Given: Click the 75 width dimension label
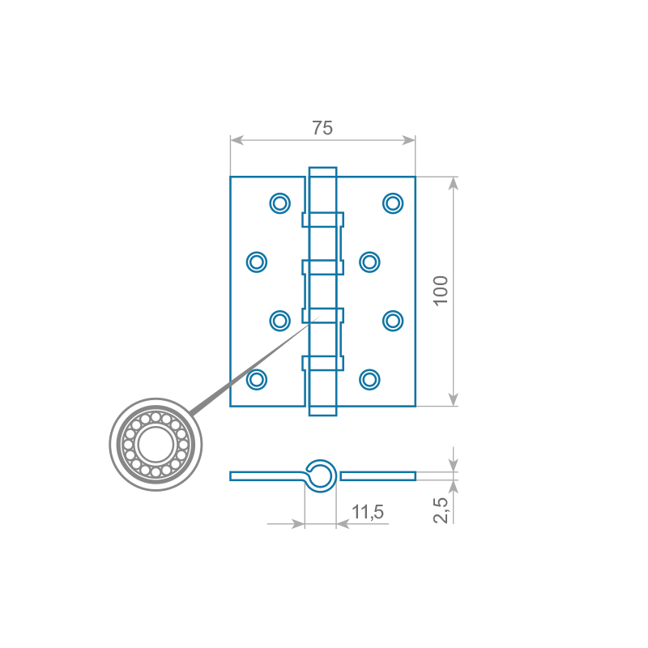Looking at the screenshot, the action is click(x=322, y=128).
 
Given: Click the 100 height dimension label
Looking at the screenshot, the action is click(x=441, y=291).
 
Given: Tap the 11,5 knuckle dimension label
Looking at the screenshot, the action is click(x=368, y=513).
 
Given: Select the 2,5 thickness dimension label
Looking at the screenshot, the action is click(x=441, y=510).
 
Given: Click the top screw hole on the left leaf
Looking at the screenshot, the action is click(x=279, y=203).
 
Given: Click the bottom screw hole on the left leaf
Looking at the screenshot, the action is click(x=257, y=379).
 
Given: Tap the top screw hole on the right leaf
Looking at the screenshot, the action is click(x=393, y=203).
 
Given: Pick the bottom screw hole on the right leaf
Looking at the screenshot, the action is click(x=369, y=379).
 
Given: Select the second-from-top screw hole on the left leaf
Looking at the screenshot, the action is click(x=257, y=262).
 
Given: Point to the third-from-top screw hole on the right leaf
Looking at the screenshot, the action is click(x=393, y=321).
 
